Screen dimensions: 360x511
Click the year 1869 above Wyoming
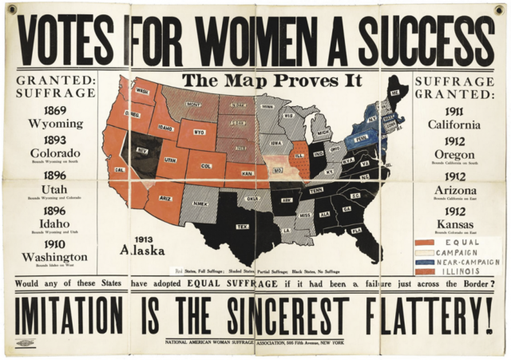coord(55,111)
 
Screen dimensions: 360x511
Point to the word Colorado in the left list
coord(55,152)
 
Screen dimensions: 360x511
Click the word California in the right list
coord(454,125)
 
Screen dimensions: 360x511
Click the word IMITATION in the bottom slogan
coord(70,315)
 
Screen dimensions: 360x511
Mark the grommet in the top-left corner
coord(12,8)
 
